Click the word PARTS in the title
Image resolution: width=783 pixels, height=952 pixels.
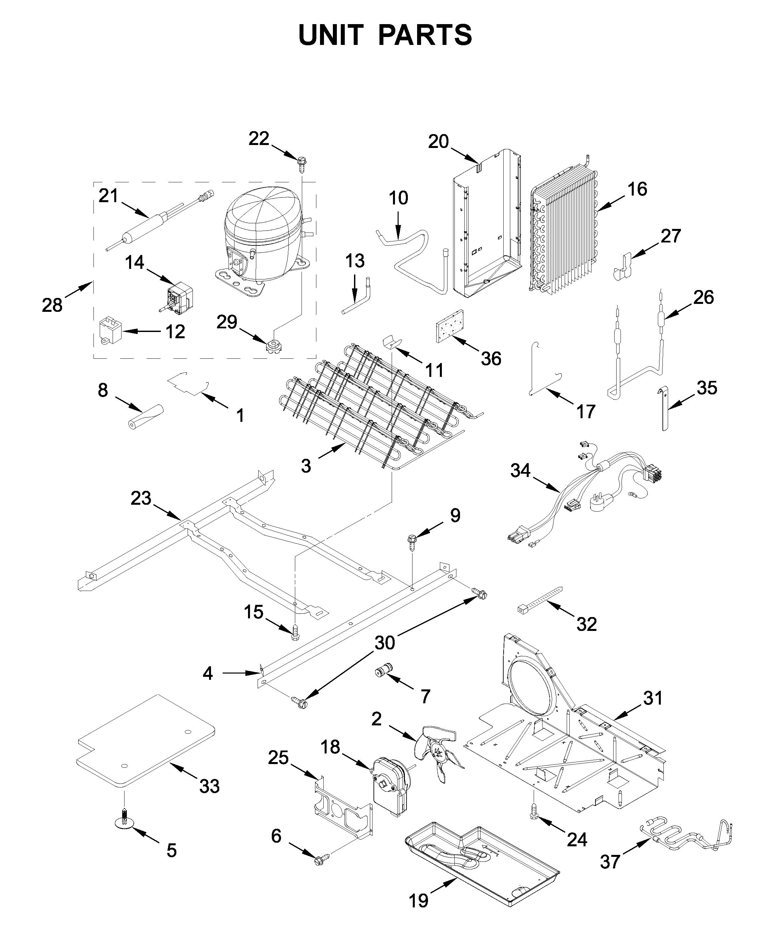click(x=425, y=35)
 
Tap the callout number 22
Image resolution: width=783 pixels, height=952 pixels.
click(x=259, y=138)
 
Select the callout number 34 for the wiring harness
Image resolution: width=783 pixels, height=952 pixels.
click(x=520, y=471)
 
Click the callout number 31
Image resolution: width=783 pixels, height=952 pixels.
click(x=652, y=698)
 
